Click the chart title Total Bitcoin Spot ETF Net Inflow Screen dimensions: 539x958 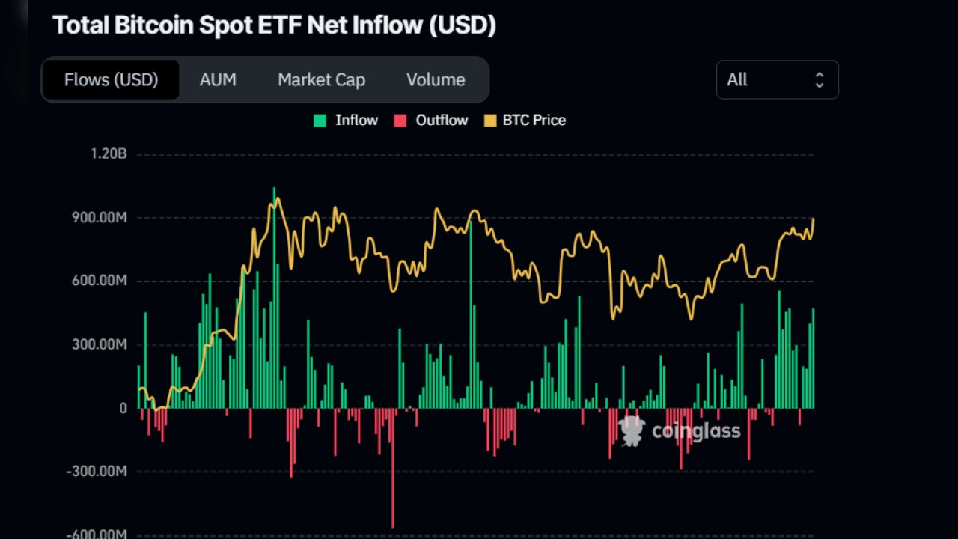pyautogui.click(x=274, y=25)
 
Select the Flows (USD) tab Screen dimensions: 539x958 pyautogui.click(x=111, y=79)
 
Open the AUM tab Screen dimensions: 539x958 pyautogui.click(x=218, y=79)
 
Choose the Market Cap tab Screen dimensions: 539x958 pyautogui.click(x=321, y=79)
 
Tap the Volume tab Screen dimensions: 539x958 pyautogui.click(x=436, y=79)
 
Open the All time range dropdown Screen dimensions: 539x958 pyautogui.click(x=777, y=79)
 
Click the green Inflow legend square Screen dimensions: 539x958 pyautogui.click(x=320, y=121)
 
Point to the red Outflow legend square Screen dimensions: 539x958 pyautogui.click(x=400, y=121)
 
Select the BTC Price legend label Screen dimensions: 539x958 pyautogui.click(x=534, y=121)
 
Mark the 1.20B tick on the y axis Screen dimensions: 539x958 pyautogui.click(x=109, y=154)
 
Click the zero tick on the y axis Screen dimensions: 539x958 pyautogui.click(x=122, y=409)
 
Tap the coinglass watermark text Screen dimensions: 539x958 pyautogui.click(x=695, y=430)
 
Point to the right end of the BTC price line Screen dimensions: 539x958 pyautogui.click(x=814, y=219)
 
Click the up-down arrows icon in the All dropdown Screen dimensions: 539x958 pyautogui.click(x=820, y=79)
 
